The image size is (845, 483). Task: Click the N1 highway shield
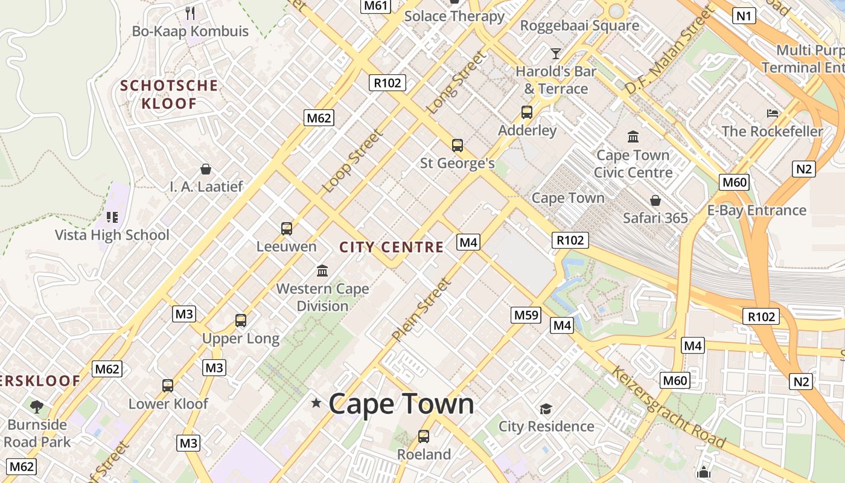(x=744, y=16)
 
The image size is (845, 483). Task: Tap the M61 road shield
(x=376, y=6)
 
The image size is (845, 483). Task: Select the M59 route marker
(x=526, y=315)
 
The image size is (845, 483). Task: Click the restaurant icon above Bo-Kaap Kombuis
(x=190, y=13)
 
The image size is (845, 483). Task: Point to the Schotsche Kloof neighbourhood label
(x=169, y=94)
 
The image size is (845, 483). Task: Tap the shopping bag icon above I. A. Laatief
(x=206, y=168)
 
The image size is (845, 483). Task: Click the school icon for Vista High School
(x=112, y=217)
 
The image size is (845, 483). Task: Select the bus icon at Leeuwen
(x=287, y=229)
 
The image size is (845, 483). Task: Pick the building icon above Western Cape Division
(x=322, y=270)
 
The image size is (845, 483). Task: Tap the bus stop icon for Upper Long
(x=241, y=321)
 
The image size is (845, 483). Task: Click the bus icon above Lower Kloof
(x=168, y=385)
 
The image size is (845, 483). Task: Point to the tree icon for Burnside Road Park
(x=37, y=406)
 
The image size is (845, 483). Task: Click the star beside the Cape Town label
(x=316, y=403)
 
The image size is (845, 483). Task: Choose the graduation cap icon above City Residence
(x=546, y=409)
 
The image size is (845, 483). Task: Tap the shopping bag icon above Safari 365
(x=655, y=200)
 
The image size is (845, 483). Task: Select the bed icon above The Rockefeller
(x=773, y=113)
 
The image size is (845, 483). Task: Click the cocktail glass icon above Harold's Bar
(x=556, y=53)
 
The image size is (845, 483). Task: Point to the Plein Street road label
(x=421, y=309)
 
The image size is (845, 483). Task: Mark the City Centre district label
(x=391, y=247)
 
